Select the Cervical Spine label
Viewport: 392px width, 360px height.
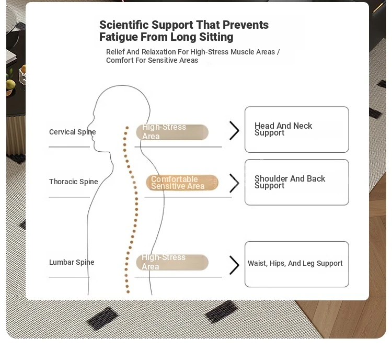pos(73,132)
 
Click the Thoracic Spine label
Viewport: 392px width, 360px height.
pos(74,182)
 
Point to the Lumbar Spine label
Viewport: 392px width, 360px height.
pos(72,262)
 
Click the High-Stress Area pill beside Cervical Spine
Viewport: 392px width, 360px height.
pos(172,132)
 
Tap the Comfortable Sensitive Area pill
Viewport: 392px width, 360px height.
pos(182,183)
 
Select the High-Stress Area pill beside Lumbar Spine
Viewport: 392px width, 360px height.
pos(172,262)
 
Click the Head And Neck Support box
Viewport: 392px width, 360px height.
pos(297,129)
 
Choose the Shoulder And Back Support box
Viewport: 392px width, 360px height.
pos(297,182)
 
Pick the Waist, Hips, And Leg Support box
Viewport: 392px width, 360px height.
pos(297,264)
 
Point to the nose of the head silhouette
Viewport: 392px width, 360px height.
pos(88,127)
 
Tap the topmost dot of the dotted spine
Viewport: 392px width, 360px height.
pos(127,128)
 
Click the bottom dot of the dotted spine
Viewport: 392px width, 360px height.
pos(128,292)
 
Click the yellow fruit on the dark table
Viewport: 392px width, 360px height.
pos(10,84)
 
